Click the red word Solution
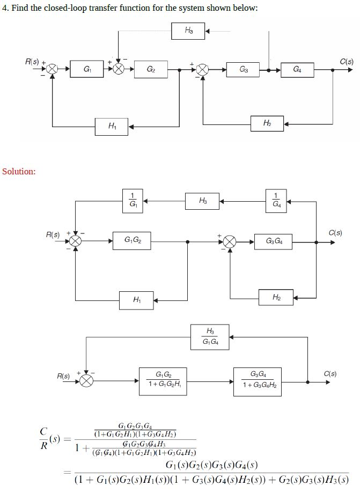(x=19, y=172)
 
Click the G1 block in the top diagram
(x=87, y=69)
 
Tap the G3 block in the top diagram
(x=243, y=69)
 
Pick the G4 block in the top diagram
(x=297, y=69)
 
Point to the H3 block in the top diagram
(x=188, y=31)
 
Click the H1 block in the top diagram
(x=112, y=127)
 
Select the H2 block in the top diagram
(x=267, y=124)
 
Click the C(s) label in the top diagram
(x=346, y=61)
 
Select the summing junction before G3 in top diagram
(x=202, y=69)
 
